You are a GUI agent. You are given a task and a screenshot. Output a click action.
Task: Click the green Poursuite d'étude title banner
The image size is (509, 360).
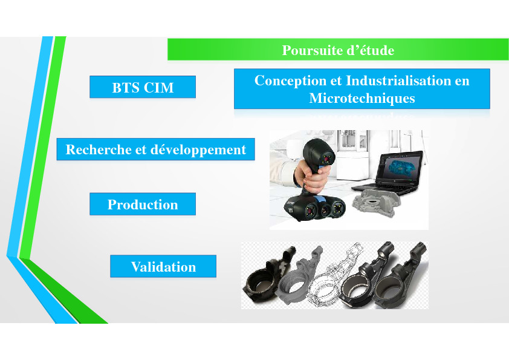pos(337,50)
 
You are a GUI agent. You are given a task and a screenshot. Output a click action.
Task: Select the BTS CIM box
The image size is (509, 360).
pos(143,87)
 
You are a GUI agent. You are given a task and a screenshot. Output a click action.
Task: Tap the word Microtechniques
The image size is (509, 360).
pos(362,98)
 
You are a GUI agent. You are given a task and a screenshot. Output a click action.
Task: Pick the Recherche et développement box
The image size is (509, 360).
pos(155,149)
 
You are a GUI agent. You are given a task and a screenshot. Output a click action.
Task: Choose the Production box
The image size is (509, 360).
pos(143,204)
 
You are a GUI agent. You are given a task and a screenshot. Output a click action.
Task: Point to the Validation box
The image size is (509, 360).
pos(163,266)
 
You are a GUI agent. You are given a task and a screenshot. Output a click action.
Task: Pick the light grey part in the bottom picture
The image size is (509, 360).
pos(299,276)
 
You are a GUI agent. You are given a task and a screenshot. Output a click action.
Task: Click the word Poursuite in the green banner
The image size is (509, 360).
pos(310,50)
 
